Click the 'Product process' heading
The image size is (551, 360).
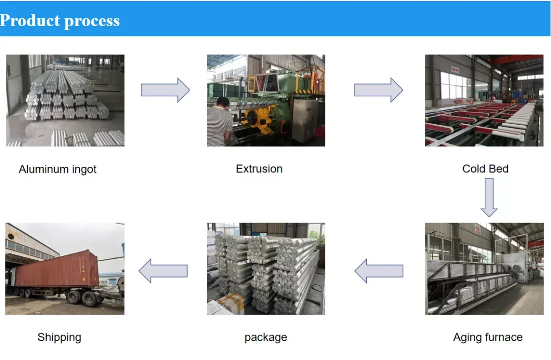click(60, 21)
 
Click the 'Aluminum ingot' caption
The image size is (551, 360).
click(57, 169)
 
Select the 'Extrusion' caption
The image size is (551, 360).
click(259, 169)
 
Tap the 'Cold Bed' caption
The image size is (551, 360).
click(485, 169)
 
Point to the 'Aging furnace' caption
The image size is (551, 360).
click(487, 337)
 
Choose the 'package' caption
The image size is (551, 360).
click(266, 337)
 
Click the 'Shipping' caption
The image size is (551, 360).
click(59, 337)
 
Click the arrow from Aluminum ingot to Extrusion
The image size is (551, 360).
click(165, 90)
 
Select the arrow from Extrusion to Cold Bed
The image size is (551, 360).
click(378, 90)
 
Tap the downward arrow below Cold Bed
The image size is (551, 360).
click(489, 196)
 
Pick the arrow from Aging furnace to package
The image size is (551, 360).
click(379, 271)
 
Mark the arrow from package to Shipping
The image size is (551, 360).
click(163, 271)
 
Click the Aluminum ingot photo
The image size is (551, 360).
click(65, 100)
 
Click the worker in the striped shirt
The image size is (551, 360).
click(219, 123)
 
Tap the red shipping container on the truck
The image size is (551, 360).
click(56, 269)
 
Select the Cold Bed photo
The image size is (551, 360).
click(484, 100)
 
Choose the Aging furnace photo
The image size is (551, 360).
click(484, 269)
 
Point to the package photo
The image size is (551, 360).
click(266, 269)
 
